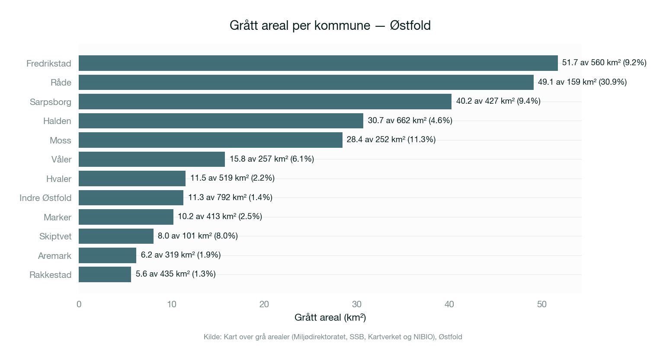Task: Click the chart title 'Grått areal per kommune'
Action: tap(330, 25)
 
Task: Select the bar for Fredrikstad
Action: tap(318, 63)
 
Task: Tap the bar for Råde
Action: tap(306, 82)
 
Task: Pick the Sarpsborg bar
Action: tap(265, 102)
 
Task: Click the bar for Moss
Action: tap(210, 140)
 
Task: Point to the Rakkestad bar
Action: tap(105, 274)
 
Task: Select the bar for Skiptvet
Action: tap(116, 236)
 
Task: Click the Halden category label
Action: tap(57, 121)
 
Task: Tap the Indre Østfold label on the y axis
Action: tap(45, 198)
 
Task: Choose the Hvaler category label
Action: tap(59, 179)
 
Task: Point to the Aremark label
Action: tap(54, 256)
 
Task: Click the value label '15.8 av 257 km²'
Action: tap(272, 159)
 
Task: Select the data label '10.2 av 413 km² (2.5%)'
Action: tap(220, 217)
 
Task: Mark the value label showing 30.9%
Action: tap(582, 82)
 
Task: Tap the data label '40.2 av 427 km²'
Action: tap(498, 101)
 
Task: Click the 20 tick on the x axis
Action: tap(264, 304)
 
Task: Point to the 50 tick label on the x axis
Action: tap(542, 304)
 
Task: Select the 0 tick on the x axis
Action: tap(79, 304)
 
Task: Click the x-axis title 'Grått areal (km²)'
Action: tap(330, 318)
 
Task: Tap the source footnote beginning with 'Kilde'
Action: tap(333, 337)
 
